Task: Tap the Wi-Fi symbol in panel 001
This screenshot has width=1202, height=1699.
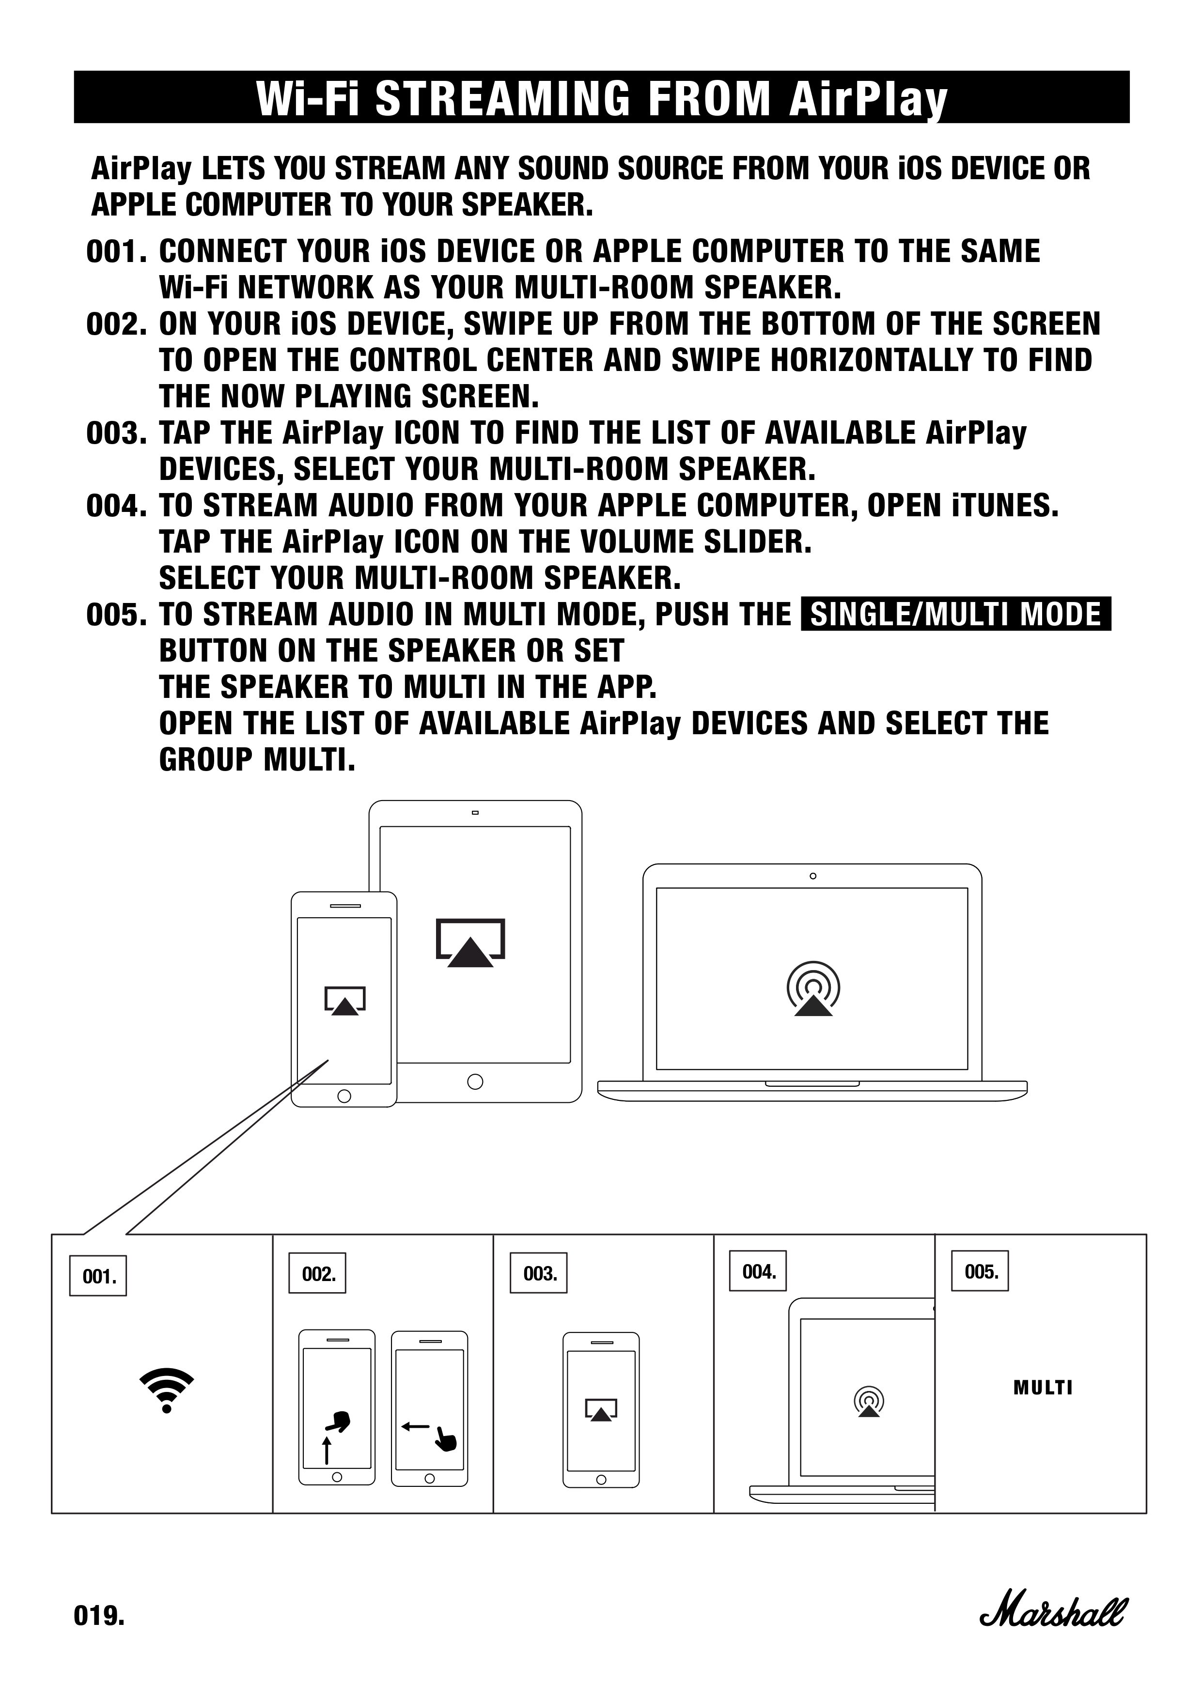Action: pyautogui.click(x=167, y=1390)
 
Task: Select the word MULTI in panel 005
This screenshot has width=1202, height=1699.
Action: pyautogui.click(x=1043, y=1388)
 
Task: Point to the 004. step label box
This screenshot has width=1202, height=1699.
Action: pyautogui.click(x=758, y=1271)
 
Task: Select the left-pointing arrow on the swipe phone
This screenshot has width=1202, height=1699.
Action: pyautogui.click(x=415, y=1426)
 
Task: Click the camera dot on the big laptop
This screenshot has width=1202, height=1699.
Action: pyautogui.click(x=812, y=876)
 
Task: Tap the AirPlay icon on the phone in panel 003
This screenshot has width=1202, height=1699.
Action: pyautogui.click(x=601, y=1410)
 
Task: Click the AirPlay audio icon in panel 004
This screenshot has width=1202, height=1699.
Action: pyautogui.click(x=869, y=1402)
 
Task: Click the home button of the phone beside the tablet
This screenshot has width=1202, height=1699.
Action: pyautogui.click(x=344, y=1095)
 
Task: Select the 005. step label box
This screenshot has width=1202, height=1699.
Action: pyautogui.click(x=981, y=1271)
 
